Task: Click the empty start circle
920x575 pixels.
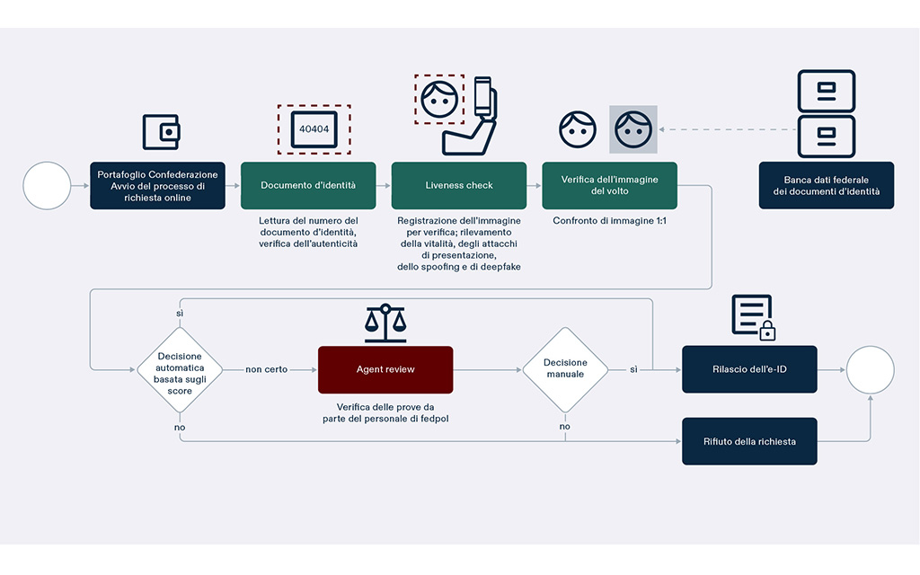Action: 47,186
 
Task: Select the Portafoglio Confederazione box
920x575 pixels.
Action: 157,186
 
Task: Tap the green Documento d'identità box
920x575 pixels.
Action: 308,186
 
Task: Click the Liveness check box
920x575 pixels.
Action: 458,186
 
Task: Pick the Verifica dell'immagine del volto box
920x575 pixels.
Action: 609,186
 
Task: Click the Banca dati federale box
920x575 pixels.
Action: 826,186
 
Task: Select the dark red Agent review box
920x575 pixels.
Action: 385,369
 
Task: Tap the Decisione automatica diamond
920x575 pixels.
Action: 180,369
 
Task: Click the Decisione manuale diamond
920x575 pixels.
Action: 565,369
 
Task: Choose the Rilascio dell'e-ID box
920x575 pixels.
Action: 749,369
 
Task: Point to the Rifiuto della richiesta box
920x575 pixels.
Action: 749,441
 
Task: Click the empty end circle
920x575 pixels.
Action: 871,369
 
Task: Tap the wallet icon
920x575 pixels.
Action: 161,132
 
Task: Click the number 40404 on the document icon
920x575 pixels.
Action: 314,129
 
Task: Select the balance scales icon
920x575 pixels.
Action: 385,323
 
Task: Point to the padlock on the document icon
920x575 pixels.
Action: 766,332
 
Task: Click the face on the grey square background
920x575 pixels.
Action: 633,129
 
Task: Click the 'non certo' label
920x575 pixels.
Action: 267,369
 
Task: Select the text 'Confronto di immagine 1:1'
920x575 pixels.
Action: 609,219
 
